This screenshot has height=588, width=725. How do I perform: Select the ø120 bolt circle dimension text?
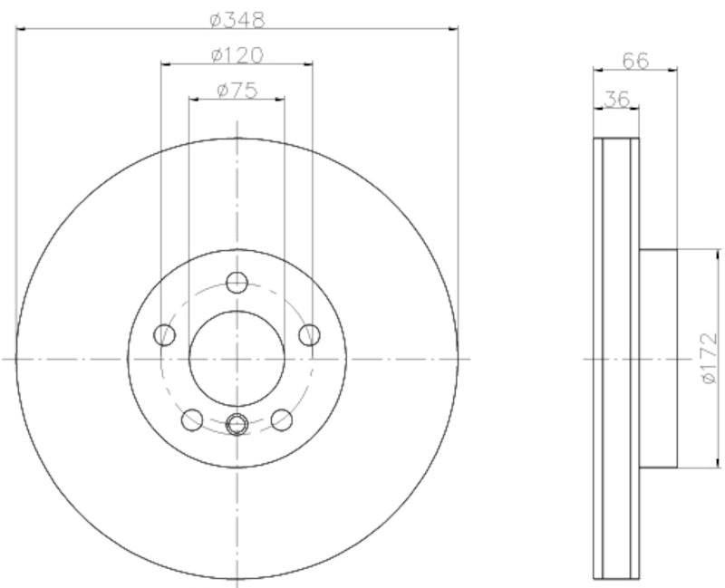click(x=237, y=54)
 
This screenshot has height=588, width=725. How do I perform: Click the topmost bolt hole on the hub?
click(x=237, y=282)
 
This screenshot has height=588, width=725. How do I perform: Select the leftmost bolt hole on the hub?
click(x=165, y=335)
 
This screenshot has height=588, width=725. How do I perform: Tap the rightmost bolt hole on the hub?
click(x=309, y=335)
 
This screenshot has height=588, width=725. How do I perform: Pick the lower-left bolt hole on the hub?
click(x=192, y=419)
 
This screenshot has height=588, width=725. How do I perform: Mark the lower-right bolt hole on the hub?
click(x=282, y=419)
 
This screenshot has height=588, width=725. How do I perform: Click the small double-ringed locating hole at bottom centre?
click(x=237, y=422)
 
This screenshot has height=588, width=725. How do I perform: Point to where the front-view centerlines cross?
click(x=237, y=359)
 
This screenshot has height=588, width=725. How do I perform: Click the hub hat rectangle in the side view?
click(x=659, y=359)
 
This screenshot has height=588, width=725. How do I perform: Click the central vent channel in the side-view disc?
click(x=616, y=359)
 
